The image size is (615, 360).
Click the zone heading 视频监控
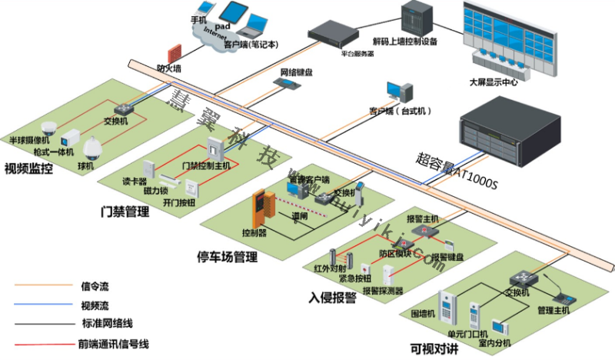[28, 168]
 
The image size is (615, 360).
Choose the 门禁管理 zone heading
[125, 211]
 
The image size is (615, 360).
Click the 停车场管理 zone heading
[228, 255]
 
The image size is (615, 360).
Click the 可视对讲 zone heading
[435, 346]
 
